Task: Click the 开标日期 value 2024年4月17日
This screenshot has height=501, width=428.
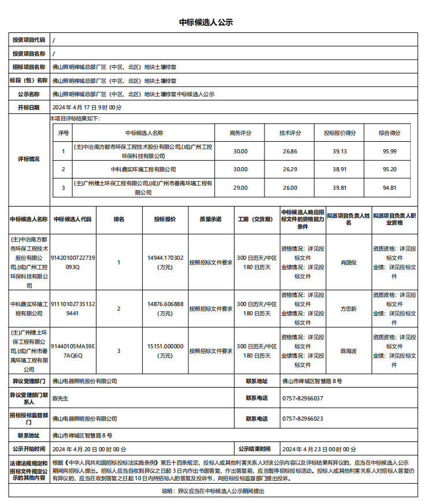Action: pos(87,107)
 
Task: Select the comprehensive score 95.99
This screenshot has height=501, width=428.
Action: pos(389,151)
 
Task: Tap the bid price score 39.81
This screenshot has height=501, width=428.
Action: pos(340,187)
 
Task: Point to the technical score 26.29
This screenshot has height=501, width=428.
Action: pos(290,170)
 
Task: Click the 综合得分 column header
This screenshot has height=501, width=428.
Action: pos(389,132)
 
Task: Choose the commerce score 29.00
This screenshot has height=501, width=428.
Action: pos(240,187)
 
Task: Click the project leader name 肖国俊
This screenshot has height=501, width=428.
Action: pos(348,262)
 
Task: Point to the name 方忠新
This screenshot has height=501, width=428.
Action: pos(348,308)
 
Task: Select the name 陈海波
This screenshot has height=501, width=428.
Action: pos(348,351)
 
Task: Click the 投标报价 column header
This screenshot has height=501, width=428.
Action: pos(165,219)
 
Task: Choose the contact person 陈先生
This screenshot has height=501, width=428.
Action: pos(61,398)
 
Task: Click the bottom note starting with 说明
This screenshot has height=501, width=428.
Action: pos(213,491)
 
